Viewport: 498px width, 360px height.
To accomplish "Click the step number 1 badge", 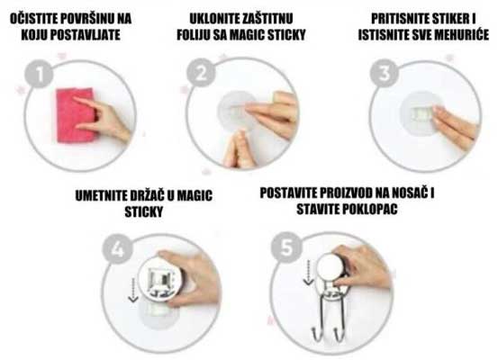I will point(39,76).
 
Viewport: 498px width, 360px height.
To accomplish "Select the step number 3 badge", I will point(385,75).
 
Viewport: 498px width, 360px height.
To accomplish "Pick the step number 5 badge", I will point(286,249).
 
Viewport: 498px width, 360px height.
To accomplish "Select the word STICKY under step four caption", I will point(143,212).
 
